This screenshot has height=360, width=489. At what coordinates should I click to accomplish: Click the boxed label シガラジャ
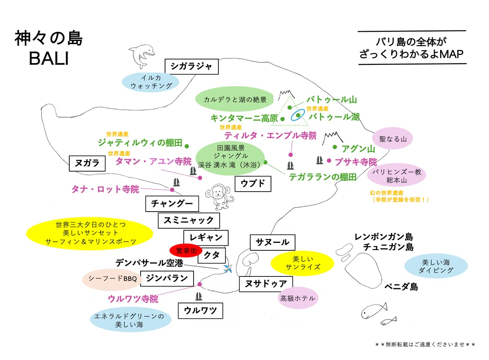(x=192, y=66)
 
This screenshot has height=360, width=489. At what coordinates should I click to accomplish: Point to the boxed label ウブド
(x=253, y=184)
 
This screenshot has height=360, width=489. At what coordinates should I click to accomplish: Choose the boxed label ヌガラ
(x=87, y=163)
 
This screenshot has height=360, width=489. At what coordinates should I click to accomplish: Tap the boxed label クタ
(x=211, y=255)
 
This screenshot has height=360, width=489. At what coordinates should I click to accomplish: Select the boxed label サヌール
(x=273, y=242)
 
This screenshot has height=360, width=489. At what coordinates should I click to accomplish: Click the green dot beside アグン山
(x=335, y=147)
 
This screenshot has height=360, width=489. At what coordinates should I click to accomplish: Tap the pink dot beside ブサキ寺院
(x=329, y=161)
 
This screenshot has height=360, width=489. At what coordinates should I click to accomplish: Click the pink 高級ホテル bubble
(x=298, y=298)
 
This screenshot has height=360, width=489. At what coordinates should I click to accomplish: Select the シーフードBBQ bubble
(x=112, y=279)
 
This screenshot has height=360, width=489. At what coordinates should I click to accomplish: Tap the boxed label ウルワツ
(x=200, y=311)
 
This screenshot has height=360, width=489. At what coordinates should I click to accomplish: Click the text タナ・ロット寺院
(x=105, y=189)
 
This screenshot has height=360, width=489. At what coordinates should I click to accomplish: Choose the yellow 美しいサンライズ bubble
(x=302, y=263)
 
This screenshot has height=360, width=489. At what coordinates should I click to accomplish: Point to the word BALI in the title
(x=49, y=58)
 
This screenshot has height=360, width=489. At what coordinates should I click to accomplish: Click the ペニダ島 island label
(x=401, y=286)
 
